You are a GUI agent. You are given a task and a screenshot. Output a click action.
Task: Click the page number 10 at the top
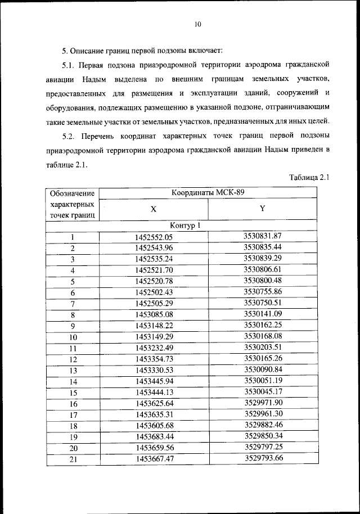click(x=197, y=24)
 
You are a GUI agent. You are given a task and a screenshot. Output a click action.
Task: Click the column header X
click(x=153, y=209)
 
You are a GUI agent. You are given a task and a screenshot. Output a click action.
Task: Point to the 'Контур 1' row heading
click(x=186, y=226)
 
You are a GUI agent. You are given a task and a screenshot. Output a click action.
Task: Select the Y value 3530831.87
click(x=263, y=236)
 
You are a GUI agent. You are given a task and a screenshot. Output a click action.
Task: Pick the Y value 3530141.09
click(x=263, y=313)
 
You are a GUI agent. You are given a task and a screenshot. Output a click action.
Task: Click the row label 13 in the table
click(x=73, y=371)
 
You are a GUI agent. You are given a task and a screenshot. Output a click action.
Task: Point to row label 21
click(x=73, y=459)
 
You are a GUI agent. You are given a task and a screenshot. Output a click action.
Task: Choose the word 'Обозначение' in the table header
click(x=71, y=194)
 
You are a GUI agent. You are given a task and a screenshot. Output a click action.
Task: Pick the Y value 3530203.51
click(x=263, y=347)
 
